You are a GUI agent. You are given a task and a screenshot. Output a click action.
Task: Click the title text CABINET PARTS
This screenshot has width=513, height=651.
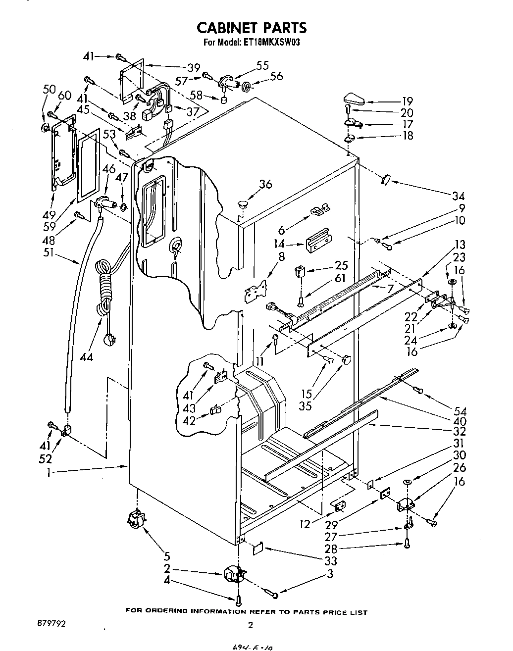[252, 27]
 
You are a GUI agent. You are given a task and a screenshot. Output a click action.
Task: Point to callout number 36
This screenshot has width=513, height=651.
[265, 184]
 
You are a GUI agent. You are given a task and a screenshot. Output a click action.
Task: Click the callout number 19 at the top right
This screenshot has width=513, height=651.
[407, 101]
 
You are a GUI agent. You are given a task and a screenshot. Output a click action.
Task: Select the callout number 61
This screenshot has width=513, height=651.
[340, 278]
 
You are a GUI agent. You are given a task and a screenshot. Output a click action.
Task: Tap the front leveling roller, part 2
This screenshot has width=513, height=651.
[235, 575]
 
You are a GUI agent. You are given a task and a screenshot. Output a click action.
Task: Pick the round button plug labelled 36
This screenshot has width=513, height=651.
[242, 202]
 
